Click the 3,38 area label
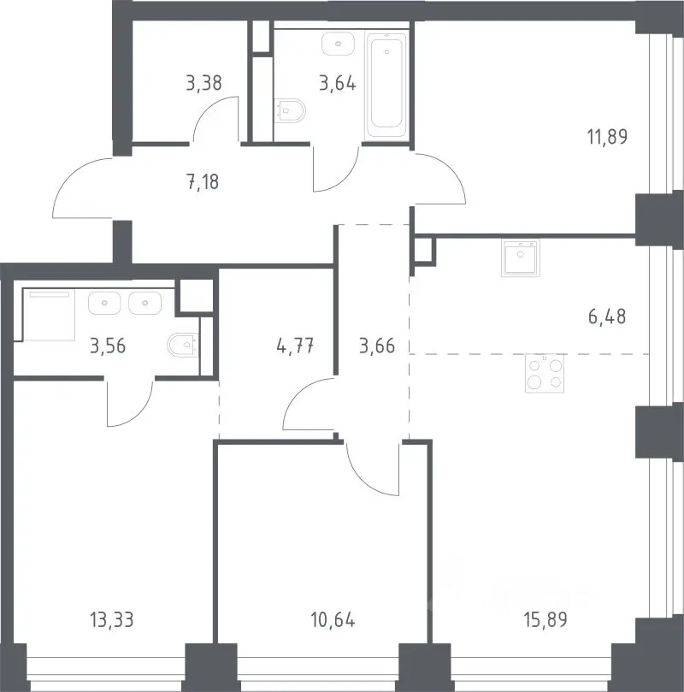coord(203,83)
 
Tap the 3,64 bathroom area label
coord(338,83)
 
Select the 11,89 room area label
coord(607,137)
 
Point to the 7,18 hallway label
coord(203,182)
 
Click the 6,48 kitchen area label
coord(607,316)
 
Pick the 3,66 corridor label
coord(377,346)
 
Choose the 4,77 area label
coord(295,346)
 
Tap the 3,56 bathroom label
coord(108,346)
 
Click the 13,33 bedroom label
coord(111,619)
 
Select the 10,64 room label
coord(333,619)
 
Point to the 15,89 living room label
coord(546,619)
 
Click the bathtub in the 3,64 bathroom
coord(386,84)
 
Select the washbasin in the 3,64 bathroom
coord(338,44)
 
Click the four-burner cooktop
coord(545,373)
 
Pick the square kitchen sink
coord(521,258)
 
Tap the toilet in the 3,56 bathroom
coord(184,345)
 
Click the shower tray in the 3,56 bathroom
coord(49,315)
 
